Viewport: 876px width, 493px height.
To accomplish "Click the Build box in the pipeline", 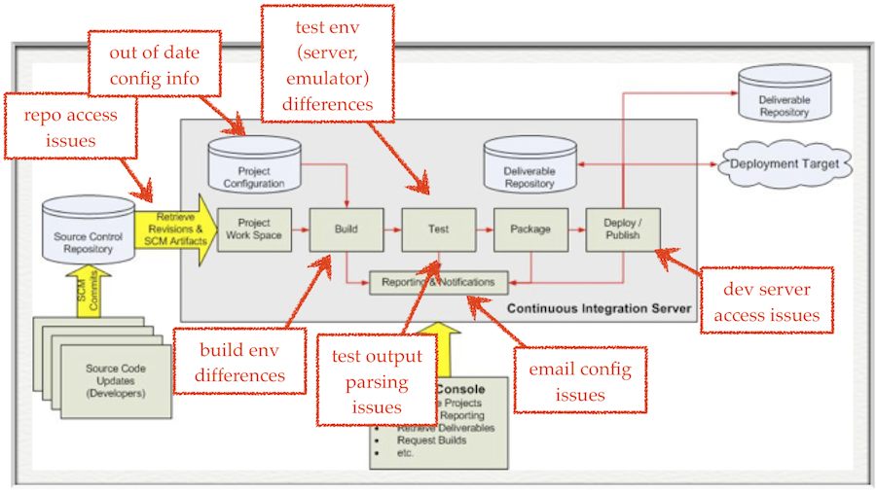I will coord(346,229).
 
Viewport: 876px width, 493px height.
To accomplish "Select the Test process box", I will coord(438,229).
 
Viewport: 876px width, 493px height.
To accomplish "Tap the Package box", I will coord(530,229).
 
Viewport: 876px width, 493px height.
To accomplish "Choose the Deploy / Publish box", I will coord(623,229).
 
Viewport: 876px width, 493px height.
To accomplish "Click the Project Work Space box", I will coord(253,229).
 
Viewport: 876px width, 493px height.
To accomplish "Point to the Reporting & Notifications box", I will coord(439,282).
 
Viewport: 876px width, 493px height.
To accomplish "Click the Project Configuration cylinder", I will coord(254,166).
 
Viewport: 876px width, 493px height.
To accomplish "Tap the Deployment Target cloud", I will coord(784,164).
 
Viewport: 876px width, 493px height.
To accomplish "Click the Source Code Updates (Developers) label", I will coord(116,375).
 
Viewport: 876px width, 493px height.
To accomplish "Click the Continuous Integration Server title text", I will coord(600,308).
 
